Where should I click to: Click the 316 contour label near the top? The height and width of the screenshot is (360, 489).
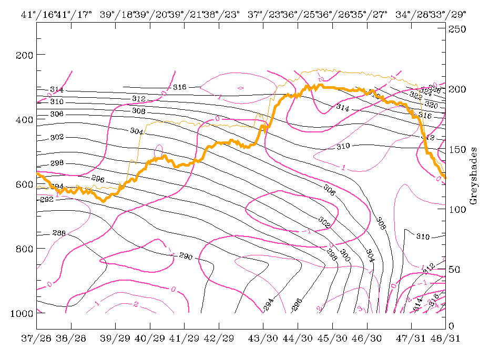click(180, 87)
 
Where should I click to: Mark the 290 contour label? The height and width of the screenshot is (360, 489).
click(185, 257)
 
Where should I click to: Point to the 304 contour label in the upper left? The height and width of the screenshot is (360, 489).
click(136, 130)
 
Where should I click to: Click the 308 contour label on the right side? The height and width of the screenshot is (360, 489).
click(381, 224)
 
